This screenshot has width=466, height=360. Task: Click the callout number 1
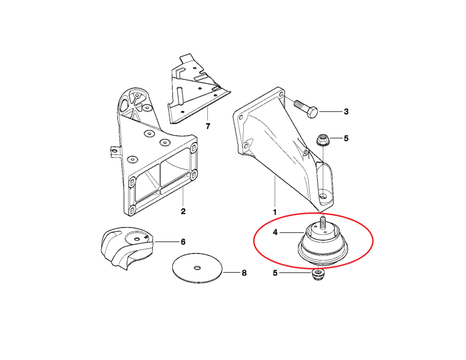click(275, 213)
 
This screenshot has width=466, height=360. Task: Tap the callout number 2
click(183, 211)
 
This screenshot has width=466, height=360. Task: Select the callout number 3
click(346, 112)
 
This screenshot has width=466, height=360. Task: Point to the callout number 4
click(275, 232)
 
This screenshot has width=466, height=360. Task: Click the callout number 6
click(183, 242)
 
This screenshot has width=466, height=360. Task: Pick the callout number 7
click(208, 126)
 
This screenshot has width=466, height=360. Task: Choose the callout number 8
click(244, 273)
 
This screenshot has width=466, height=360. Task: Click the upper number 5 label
click(346, 138)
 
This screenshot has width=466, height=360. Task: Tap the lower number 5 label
click(275, 273)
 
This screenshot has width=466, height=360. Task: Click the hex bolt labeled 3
click(306, 108)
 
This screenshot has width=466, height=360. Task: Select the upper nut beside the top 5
click(322, 140)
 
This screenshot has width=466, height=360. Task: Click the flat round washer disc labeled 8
click(198, 268)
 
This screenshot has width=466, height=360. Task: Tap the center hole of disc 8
click(197, 268)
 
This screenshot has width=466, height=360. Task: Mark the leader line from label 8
click(231, 272)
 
